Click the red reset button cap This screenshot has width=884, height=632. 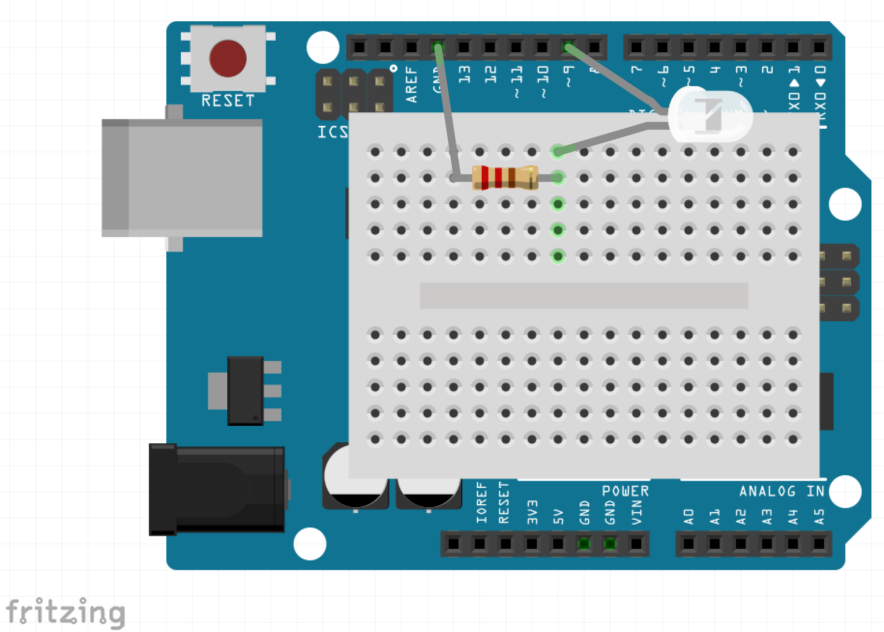pos(227,58)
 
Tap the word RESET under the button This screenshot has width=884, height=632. pos(227,101)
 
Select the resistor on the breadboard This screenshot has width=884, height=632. pos(505,178)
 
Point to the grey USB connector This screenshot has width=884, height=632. pos(182,178)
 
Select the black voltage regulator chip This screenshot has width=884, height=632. pos(245,391)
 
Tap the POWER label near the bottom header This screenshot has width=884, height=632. pos(625,491)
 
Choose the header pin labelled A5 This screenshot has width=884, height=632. pos(819,544)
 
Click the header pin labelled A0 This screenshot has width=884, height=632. pos(688,544)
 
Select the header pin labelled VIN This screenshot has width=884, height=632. pos(636,544)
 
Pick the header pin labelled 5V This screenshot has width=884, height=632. pos(558,544)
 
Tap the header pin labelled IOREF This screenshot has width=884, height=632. pos(454,544)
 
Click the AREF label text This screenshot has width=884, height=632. pos(412,87)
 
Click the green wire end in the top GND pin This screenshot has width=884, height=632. pos(438,47)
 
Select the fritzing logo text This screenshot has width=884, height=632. pos(65,612)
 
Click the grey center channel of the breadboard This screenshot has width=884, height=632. pos(584,296)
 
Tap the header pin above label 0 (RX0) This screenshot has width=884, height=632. pos(819,47)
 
